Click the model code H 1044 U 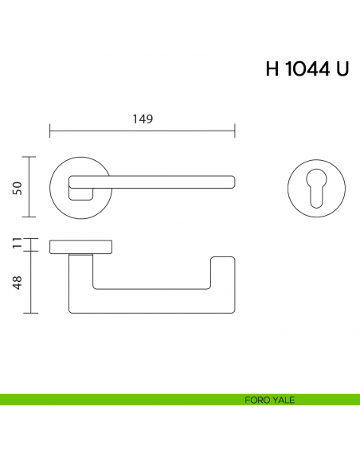point(307,69)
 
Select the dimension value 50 point(16,187)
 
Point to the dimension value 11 point(16,244)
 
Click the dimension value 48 point(16,282)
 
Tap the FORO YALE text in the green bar point(270,400)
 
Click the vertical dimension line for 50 point(30,187)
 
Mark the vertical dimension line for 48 point(30,282)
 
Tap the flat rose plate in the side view point(81,245)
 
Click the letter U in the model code point(342,69)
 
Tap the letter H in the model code point(273,69)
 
